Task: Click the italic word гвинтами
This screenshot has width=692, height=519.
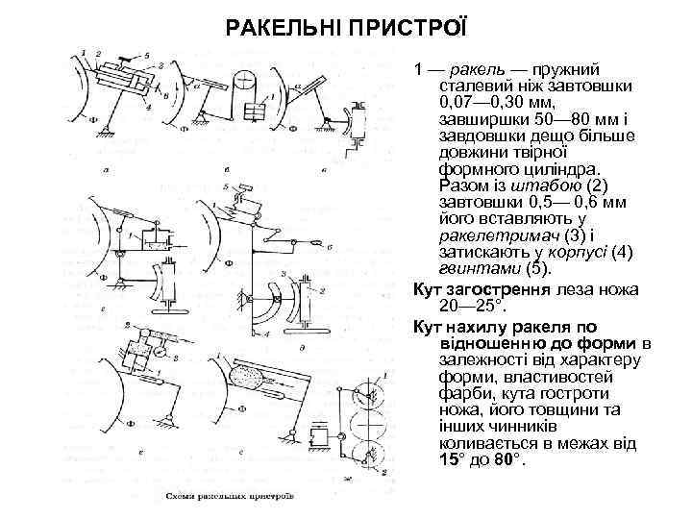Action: click(x=475, y=270)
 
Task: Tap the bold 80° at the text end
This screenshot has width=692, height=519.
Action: click(x=507, y=458)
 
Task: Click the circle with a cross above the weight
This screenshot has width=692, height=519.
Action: click(x=246, y=79)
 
